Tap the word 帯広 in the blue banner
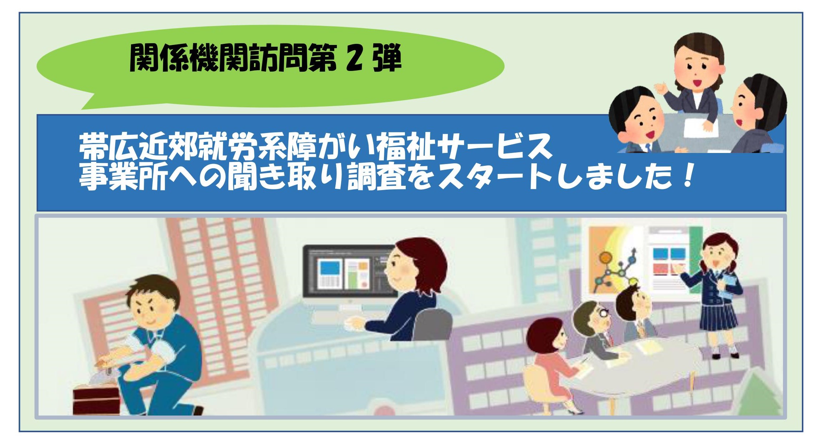[x=108, y=147]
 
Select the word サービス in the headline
[x=493, y=147]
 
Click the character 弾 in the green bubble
[x=387, y=57]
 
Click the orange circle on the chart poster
[x=605, y=257]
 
